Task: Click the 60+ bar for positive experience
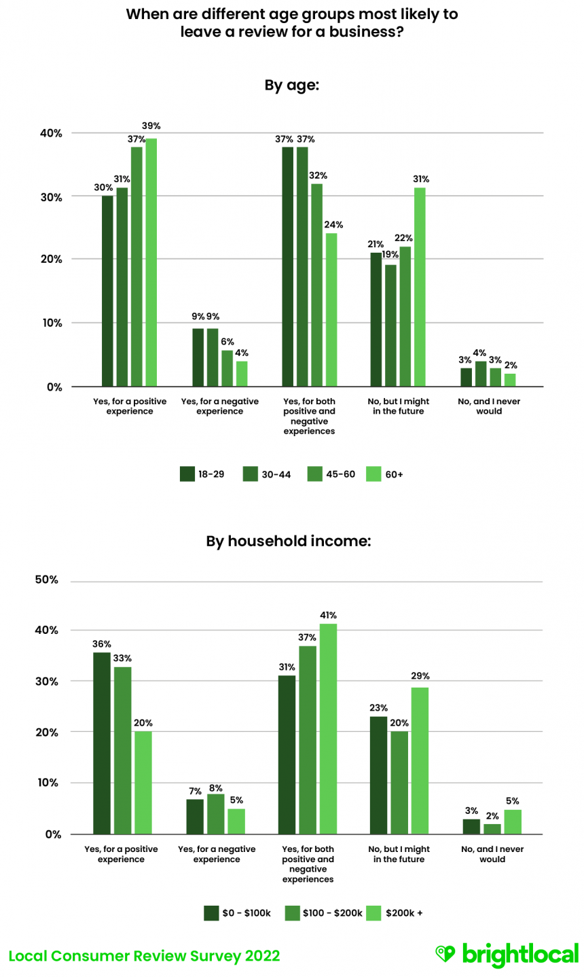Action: (x=151, y=262)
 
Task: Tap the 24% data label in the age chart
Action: (x=333, y=225)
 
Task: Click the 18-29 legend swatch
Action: (x=187, y=474)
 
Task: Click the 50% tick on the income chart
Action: (x=46, y=580)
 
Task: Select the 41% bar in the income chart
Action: (x=328, y=728)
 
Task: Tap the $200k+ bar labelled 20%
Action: (x=143, y=783)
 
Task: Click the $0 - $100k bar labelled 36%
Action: (x=102, y=743)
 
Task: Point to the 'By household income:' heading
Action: (x=289, y=541)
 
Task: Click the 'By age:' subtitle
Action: (x=291, y=86)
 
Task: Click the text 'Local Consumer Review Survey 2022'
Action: (x=144, y=956)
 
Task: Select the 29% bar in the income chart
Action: (x=420, y=760)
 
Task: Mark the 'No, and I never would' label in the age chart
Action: (x=489, y=406)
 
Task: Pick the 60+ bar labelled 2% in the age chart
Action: (x=510, y=380)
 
